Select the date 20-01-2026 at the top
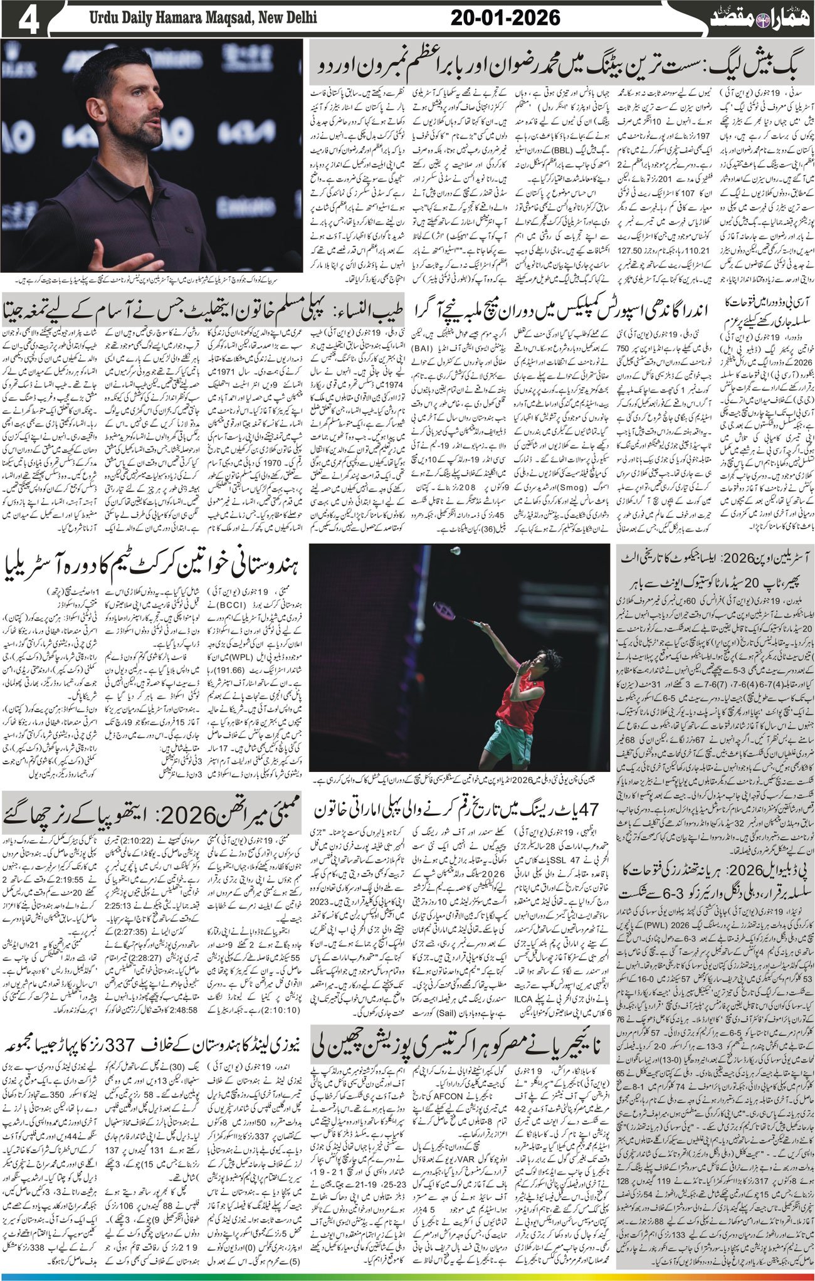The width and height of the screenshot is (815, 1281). coord(505,18)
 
